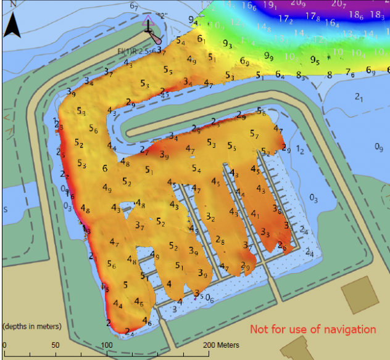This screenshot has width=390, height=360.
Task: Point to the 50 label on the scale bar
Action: click(x=56, y=345)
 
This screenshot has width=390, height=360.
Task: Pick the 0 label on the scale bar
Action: click(x=4, y=345)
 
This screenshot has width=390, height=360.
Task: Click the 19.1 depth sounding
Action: click(x=270, y=6)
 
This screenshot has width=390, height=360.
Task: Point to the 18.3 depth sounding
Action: click(x=377, y=15)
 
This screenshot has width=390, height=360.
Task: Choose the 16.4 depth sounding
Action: click(x=332, y=23)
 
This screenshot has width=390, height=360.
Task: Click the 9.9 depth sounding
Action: click(x=269, y=56)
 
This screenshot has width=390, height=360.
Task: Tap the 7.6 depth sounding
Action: click(x=350, y=73)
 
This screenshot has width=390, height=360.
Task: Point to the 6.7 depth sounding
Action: click(x=134, y=6)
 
